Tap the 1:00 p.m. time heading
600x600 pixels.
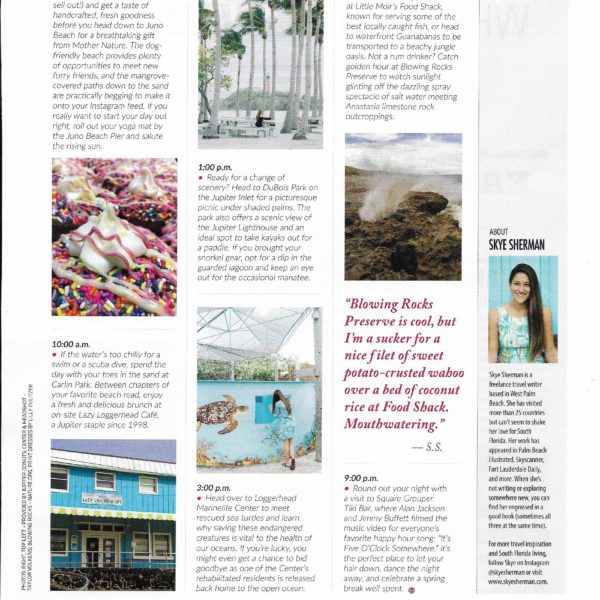point(217,167)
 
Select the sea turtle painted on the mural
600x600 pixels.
point(223,413)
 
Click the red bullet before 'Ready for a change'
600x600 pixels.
point(201,180)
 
